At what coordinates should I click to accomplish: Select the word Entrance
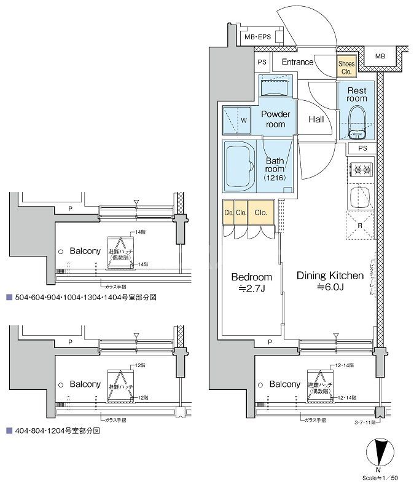pyautogui.click(x=298, y=61)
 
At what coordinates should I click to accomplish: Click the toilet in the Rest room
pyautogui.click(x=357, y=122)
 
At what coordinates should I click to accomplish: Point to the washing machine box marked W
pyautogui.click(x=236, y=120)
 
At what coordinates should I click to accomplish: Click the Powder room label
pyautogui.click(x=276, y=119)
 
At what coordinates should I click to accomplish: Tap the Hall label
pyautogui.click(x=316, y=119)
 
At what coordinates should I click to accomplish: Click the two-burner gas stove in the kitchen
pyautogui.click(x=361, y=169)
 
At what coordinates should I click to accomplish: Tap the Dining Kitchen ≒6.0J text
pyautogui.click(x=330, y=281)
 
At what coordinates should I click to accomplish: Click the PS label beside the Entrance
pyautogui.click(x=262, y=62)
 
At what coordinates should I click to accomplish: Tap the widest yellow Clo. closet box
pyautogui.click(x=260, y=212)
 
